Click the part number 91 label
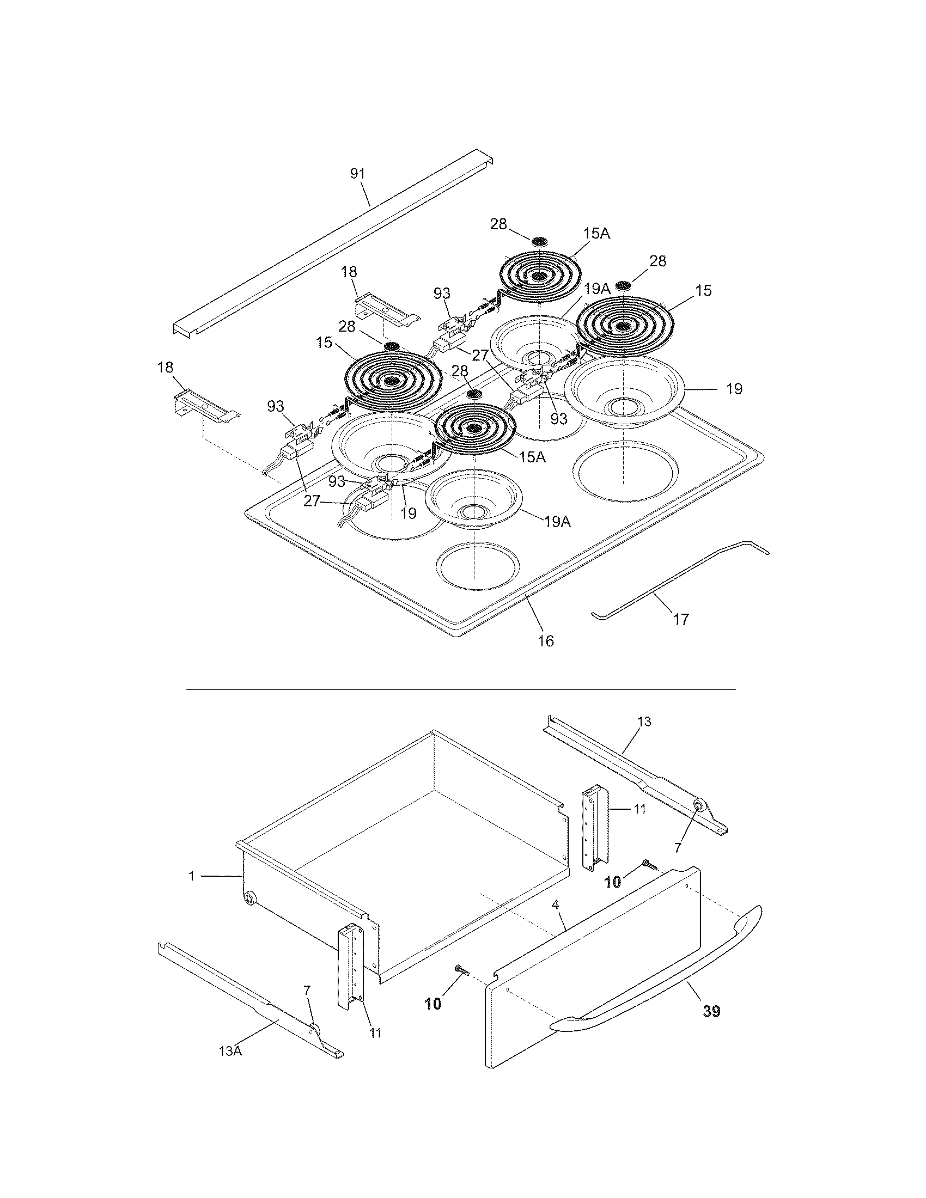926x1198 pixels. (357, 173)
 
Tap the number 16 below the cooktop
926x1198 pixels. (546, 640)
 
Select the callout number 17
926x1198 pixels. (680, 619)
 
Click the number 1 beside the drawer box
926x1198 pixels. (191, 876)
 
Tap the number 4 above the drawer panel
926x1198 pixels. (556, 904)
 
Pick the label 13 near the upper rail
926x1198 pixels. (644, 722)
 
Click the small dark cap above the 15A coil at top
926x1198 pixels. (540, 241)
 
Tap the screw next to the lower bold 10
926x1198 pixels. (460, 971)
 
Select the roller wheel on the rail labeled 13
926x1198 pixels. (700, 806)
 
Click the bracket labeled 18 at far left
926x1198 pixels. (206, 406)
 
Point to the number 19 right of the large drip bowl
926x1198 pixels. (734, 389)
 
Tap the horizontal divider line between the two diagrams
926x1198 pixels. (461, 689)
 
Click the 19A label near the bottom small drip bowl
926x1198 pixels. (558, 522)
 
